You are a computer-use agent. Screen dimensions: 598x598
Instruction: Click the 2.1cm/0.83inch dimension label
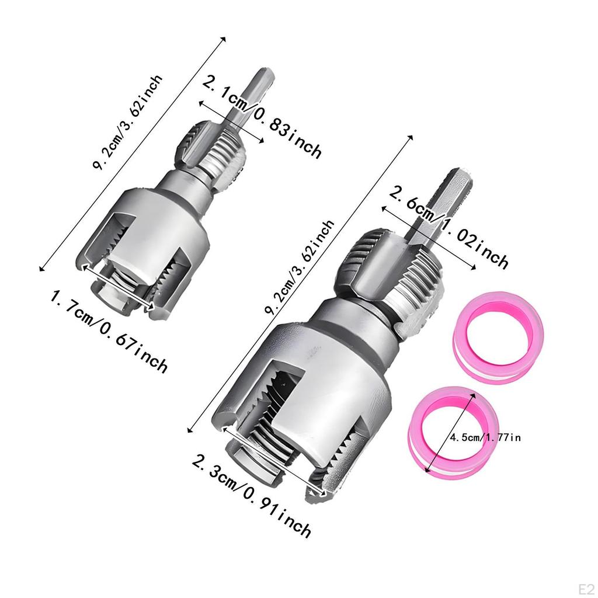point(262,116)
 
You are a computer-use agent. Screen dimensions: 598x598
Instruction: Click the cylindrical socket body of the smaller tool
point(158,234)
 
